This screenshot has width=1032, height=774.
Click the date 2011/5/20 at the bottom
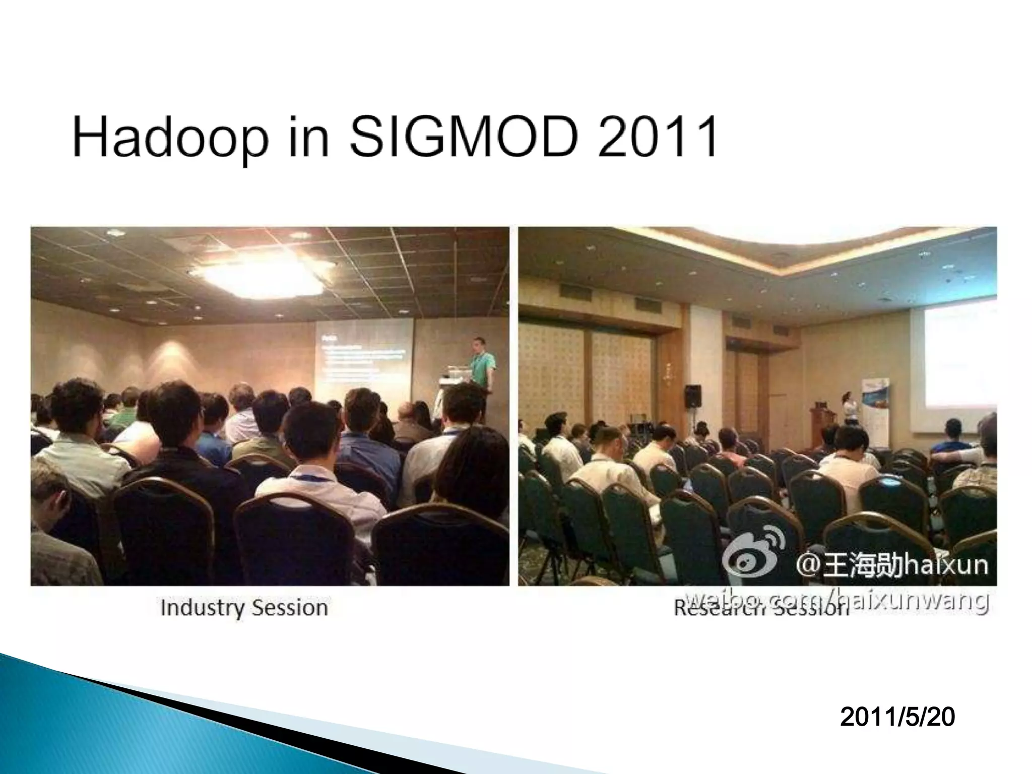897,718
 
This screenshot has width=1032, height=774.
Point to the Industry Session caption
244,608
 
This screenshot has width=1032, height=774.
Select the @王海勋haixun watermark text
892,565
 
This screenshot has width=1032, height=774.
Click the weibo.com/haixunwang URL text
836,601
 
